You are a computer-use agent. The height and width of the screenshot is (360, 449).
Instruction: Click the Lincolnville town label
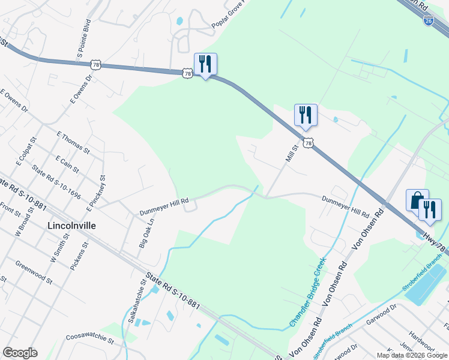(71, 226)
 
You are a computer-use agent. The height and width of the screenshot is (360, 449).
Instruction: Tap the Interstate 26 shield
(428, 21)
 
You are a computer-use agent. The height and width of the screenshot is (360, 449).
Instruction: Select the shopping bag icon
(417, 200)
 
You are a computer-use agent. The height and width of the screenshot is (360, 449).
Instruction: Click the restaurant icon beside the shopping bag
(430, 209)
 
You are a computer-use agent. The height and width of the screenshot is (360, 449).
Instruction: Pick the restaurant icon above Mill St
(306, 114)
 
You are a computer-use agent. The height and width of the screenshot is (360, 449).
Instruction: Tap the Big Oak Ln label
(146, 233)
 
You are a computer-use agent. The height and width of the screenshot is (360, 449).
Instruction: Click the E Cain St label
(67, 164)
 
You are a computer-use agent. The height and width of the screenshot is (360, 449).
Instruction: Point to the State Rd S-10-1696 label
(56, 182)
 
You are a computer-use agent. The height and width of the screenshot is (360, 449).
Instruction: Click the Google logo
(20, 353)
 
